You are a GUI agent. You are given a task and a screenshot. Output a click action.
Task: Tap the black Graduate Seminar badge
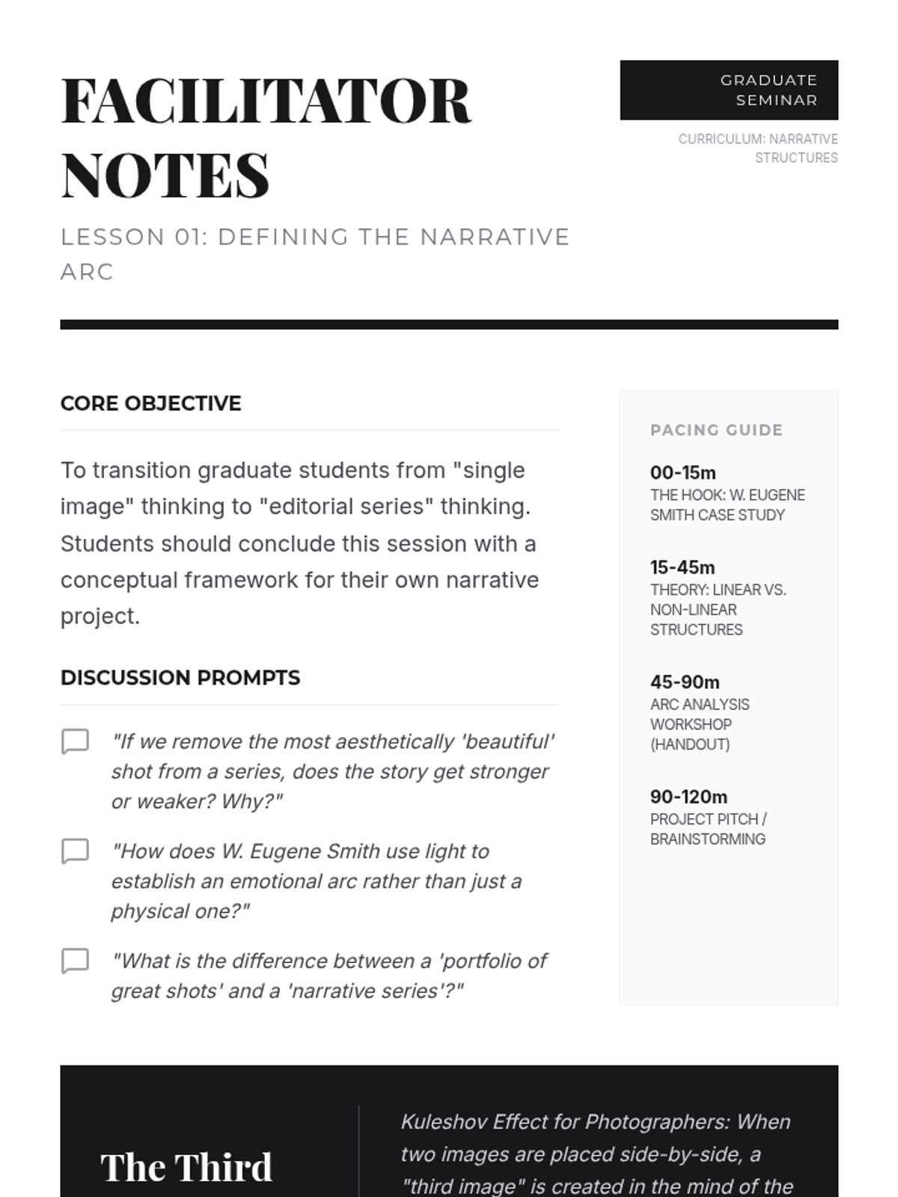[728, 90]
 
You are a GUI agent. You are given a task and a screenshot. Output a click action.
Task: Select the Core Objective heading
[150, 403]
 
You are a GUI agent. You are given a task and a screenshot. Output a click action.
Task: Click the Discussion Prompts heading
[180, 678]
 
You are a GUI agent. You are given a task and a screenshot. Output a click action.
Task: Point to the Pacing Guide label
[716, 430]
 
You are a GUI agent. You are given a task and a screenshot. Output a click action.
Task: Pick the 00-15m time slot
[682, 473]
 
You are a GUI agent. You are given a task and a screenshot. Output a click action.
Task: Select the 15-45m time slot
[682, 567]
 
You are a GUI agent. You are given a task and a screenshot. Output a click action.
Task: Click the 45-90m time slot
[685, 682]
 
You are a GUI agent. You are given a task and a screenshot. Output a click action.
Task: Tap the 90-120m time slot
[688, 797]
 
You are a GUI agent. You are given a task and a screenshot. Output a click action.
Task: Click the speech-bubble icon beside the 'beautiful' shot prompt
[75, 741]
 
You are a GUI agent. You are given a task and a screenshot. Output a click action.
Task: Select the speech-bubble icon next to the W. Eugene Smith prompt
[75, 851]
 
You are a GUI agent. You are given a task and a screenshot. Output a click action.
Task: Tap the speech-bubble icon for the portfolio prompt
[75, 961]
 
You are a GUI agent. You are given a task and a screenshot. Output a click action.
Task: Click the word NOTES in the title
[165, 176]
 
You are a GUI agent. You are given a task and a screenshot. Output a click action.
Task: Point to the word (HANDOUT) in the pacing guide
[689, 744]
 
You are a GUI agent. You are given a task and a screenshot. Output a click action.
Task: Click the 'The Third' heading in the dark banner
[186, 1167]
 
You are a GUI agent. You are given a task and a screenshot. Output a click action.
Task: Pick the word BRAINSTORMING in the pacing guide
[707, 839]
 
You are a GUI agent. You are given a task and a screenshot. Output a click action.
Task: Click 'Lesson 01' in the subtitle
[132, 237]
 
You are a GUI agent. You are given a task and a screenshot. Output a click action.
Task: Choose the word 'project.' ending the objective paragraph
[100, 616]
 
